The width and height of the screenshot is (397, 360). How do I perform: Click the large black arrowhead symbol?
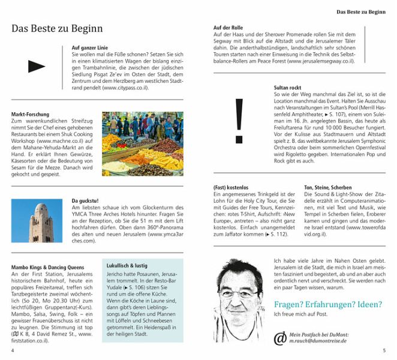click(x=37, y=67)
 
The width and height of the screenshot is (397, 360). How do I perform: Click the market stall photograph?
click(x=142, y=144)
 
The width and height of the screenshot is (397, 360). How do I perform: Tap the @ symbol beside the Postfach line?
click(x=280, y=338)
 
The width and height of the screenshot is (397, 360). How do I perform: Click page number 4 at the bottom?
click(x=12, y=350)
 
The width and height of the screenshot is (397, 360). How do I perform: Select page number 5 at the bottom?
click(x=384, y=350)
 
